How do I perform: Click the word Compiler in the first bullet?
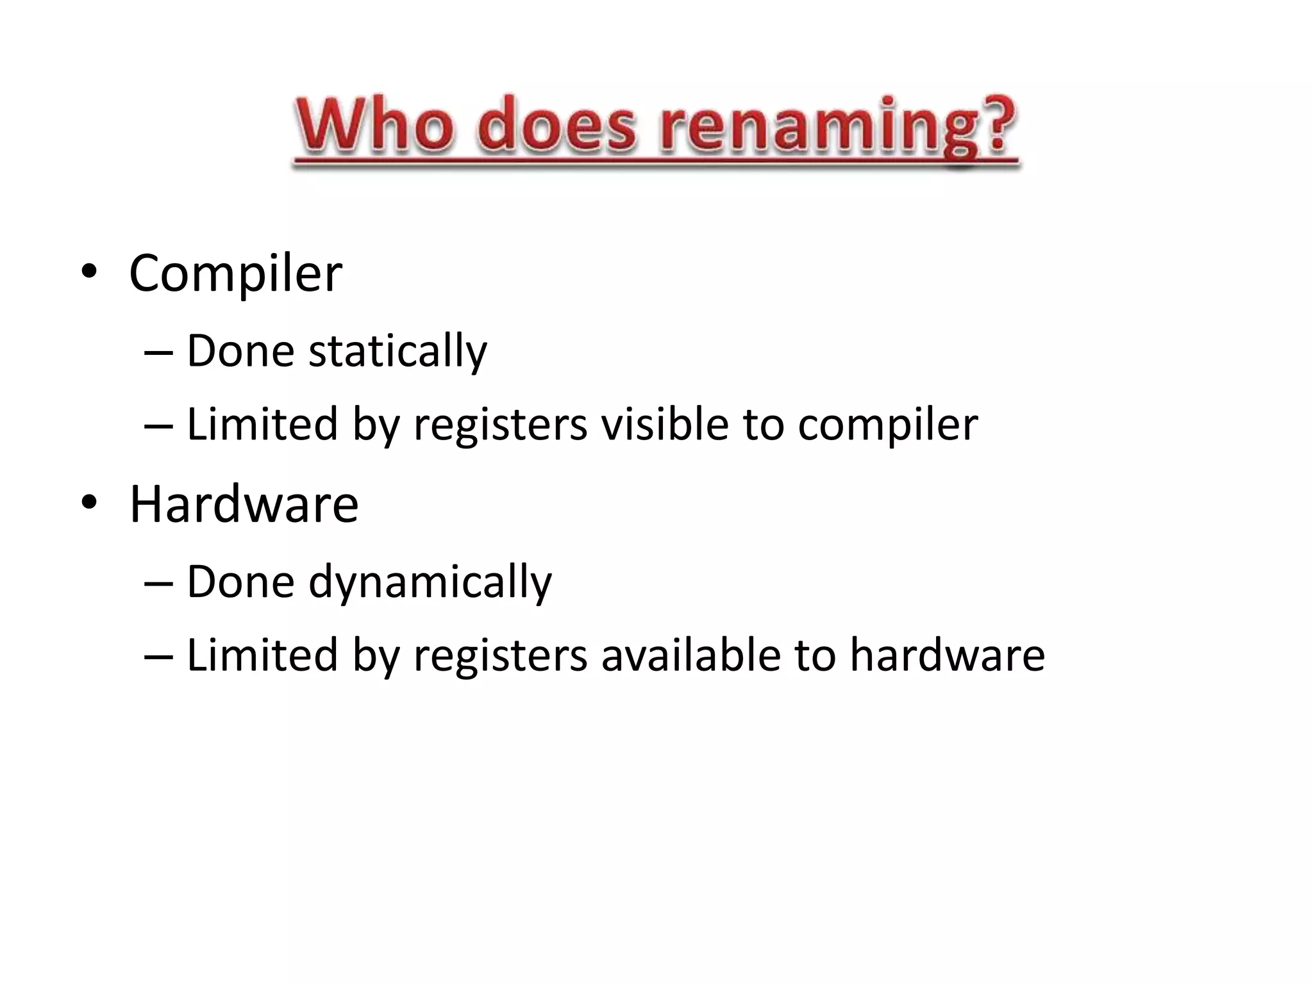click(235, 274)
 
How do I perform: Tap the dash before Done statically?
click(158, 353)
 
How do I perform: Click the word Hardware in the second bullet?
click(244, 505)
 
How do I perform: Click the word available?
click(690, 655)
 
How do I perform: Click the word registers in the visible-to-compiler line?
click(500, 425)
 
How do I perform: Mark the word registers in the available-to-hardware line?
click(500, 656)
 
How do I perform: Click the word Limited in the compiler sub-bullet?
click(262, 424)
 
